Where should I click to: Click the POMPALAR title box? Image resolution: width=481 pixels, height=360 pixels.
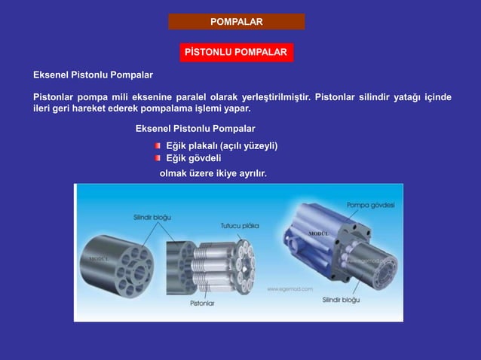coord(236,21)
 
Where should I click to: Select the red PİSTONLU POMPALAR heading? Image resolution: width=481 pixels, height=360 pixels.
coord(235,53)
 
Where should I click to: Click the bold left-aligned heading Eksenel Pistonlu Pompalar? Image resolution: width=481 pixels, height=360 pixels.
coord(93,75)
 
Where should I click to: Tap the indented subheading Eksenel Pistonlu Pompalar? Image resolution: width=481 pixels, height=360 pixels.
coord(195,129)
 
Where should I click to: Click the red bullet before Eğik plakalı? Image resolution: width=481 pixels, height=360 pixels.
coord(158,145)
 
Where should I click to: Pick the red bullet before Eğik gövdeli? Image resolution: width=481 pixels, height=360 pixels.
coord(158,158)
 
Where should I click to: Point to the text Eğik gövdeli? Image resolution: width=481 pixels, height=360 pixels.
coord(193,158)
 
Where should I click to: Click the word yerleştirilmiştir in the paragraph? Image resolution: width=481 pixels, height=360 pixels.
coord(273,96)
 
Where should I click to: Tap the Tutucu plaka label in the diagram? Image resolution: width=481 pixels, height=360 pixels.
coord(240,224)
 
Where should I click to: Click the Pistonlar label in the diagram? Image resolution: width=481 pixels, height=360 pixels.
coord(202,303)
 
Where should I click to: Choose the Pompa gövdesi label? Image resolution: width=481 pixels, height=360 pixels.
coord(370,205)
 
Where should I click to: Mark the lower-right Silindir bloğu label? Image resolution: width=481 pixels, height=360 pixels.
coord(341,299)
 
